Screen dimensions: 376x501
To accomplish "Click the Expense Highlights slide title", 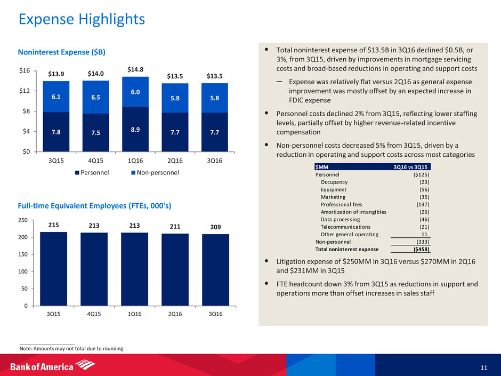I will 82,20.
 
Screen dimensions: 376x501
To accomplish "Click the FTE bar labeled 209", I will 215,269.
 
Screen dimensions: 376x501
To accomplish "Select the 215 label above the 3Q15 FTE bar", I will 53,225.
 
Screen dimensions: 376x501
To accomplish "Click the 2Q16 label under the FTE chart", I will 174,314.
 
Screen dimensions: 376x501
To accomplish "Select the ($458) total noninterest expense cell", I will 418,249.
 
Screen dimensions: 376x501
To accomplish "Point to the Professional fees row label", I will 341,204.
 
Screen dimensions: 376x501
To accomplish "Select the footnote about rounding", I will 72,349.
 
